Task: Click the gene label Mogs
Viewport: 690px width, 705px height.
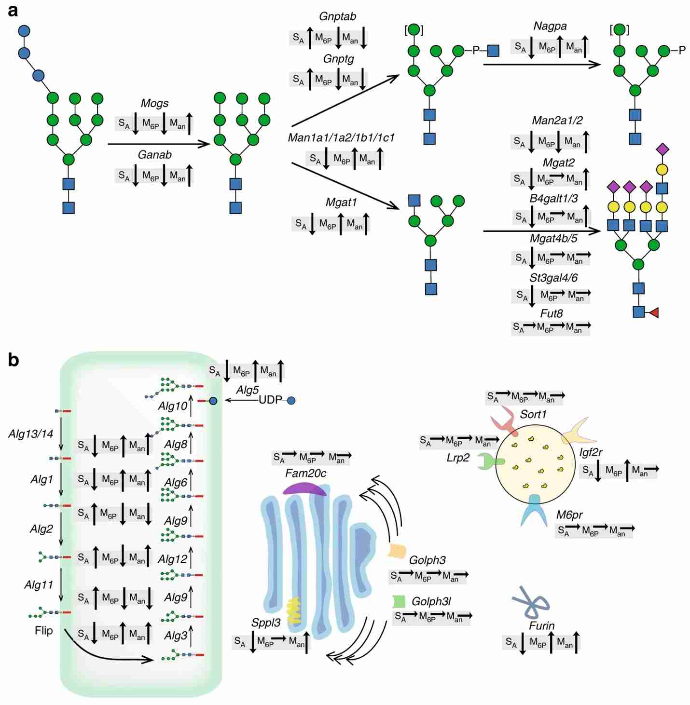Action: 154,103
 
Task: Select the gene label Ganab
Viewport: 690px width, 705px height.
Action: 154,155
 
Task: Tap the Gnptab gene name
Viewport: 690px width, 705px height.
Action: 337,16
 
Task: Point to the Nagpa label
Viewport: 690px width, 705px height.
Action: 550,26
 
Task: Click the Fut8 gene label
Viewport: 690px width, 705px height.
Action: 551,313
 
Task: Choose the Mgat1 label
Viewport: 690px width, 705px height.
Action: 341,203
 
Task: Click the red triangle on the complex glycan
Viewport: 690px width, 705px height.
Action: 653,312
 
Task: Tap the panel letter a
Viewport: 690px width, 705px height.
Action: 13,10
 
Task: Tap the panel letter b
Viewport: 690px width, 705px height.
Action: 13,360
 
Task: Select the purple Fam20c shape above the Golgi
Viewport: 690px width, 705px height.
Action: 304,488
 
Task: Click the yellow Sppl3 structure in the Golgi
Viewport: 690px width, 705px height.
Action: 293,610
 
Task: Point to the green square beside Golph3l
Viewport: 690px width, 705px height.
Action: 399,601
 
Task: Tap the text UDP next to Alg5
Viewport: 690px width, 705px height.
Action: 270,400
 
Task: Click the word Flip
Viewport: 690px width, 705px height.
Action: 43,630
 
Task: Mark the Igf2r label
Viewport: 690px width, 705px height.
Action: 591,452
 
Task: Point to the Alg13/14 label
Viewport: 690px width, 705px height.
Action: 30,434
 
